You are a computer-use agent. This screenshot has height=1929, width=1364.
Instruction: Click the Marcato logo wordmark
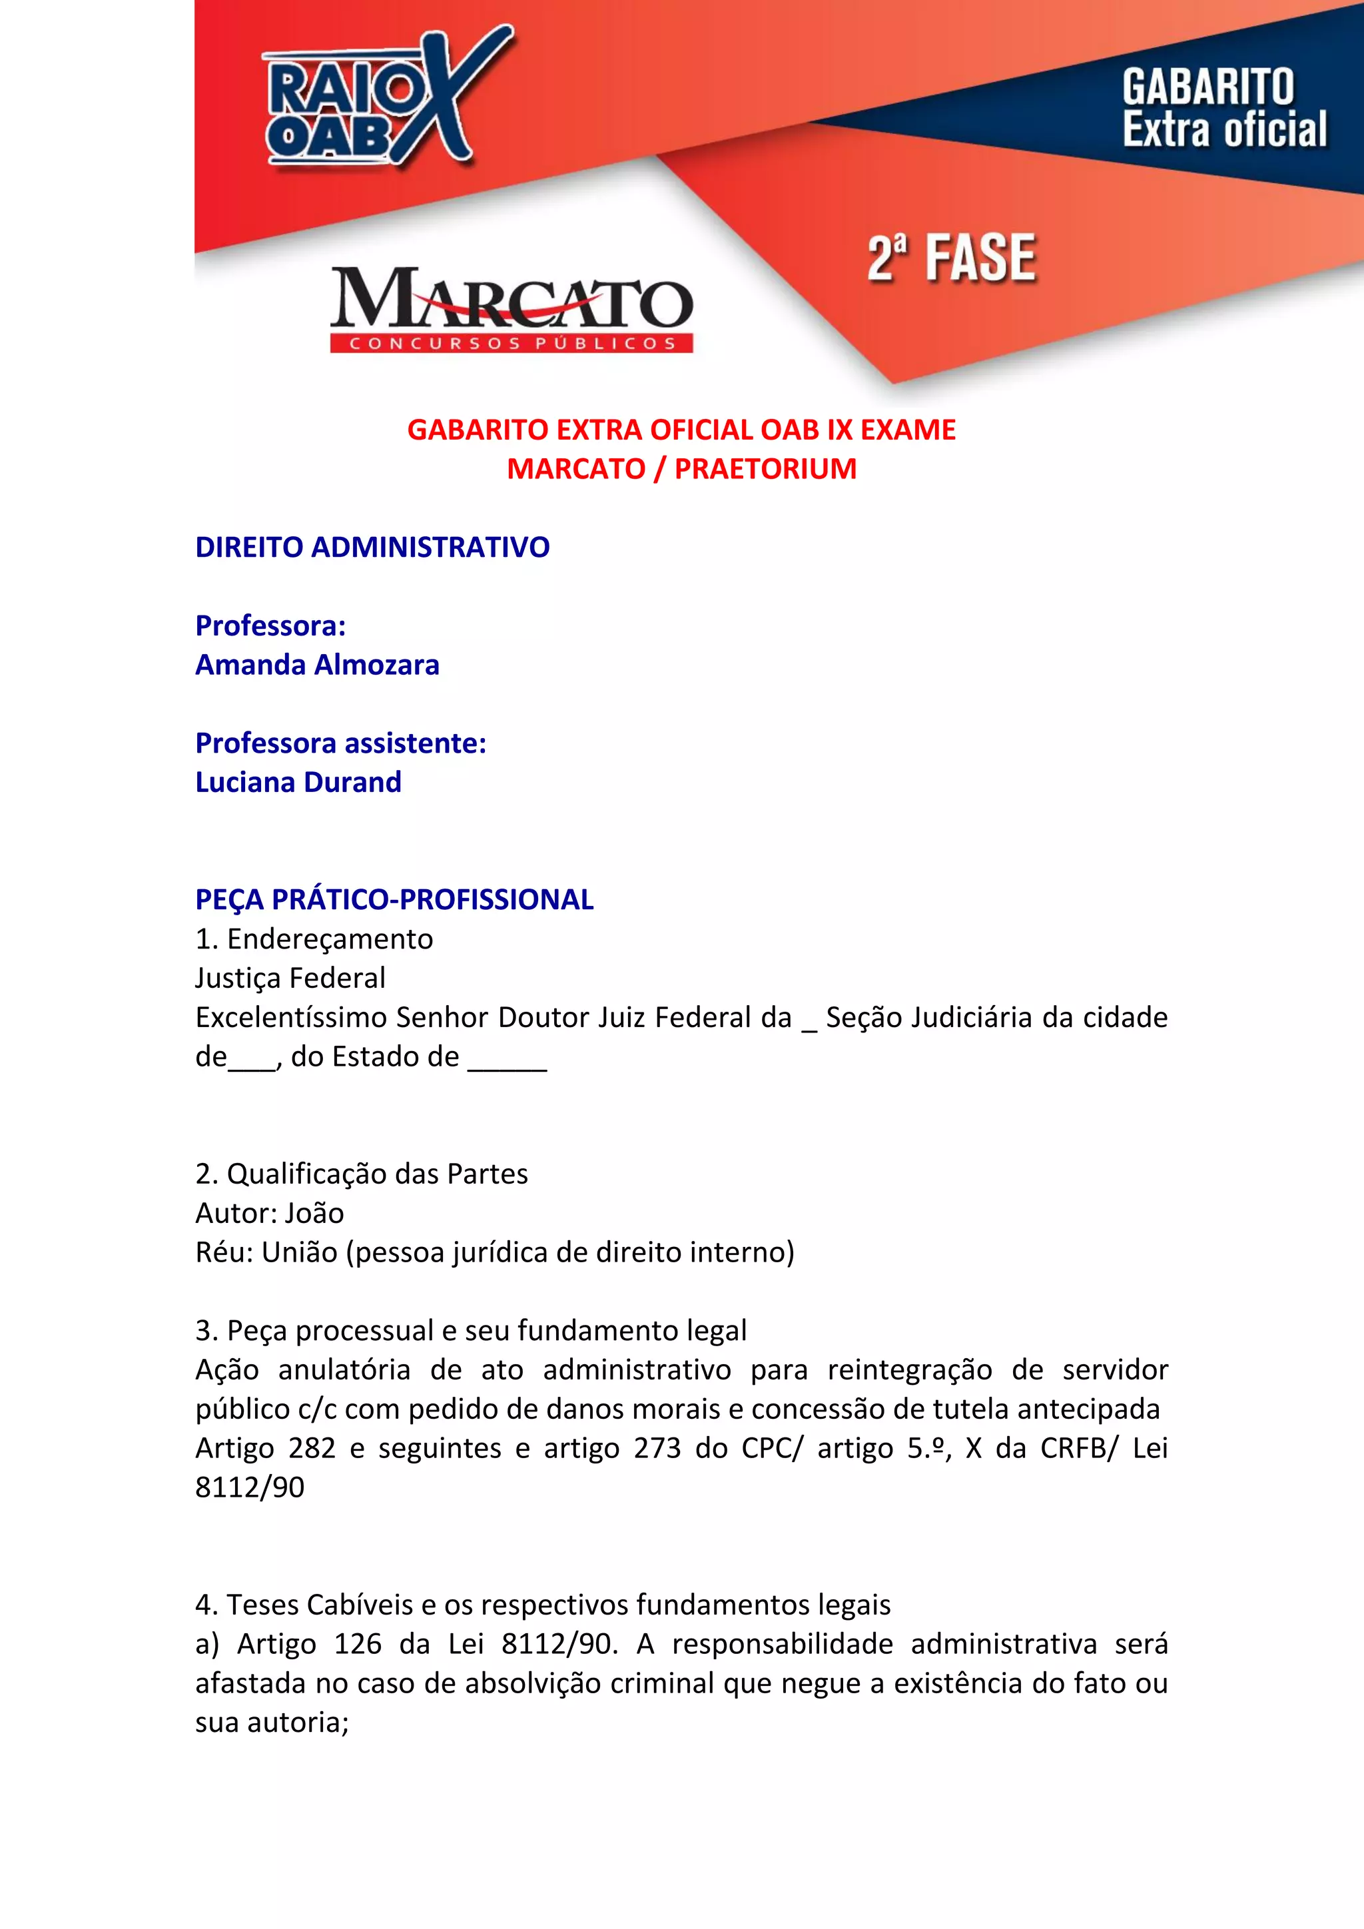(x=511, y=298)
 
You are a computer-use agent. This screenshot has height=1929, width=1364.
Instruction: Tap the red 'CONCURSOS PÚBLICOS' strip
(x=511, y=343)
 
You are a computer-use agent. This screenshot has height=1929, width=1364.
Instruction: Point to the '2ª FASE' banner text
(x=951, y=258)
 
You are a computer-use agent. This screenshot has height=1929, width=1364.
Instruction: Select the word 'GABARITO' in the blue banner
(x=1207, y=87)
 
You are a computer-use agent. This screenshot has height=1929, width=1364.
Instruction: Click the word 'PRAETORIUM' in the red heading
(x=765, y=469)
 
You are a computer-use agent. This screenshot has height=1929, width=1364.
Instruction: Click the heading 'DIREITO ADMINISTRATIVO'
(x=372, y=547)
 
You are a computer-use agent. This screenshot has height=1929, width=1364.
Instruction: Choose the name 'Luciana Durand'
(x=298, y=782)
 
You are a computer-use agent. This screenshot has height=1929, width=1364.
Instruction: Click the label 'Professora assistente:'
(x=340, y=743)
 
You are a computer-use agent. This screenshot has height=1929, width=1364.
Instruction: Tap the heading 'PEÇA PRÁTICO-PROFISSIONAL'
(x=394, y=899)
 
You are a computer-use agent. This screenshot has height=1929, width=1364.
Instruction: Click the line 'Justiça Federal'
(x=290, y=978)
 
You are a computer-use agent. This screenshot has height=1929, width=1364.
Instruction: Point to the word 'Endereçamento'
(x=330, y=939)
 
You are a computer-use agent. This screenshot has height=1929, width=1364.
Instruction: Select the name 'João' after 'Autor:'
(x=314, y=1213)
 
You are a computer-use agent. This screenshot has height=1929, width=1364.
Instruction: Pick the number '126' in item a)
(x=358, y=1644)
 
